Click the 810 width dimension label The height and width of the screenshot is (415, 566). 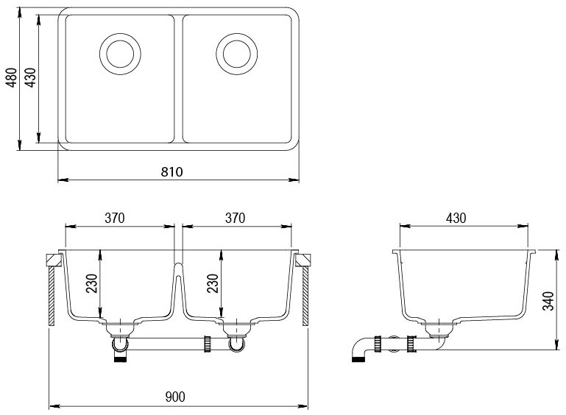171,171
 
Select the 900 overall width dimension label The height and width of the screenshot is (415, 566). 175,397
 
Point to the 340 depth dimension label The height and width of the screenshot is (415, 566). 547,300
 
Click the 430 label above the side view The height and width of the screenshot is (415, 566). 456,218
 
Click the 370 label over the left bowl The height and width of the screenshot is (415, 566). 113,218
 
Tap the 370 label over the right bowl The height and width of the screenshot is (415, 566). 234,218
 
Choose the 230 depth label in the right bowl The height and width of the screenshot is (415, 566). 213,284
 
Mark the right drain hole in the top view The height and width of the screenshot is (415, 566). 236,52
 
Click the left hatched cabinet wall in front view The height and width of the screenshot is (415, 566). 51,297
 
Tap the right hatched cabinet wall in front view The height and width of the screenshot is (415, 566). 305,297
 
